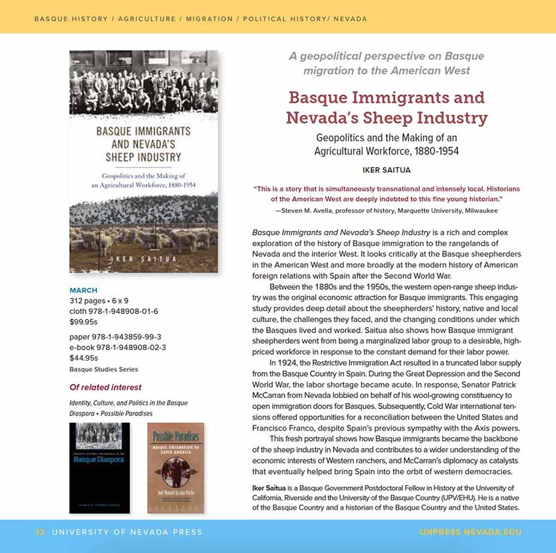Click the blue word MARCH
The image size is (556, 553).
coord(83,291)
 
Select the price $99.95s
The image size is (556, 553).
coord(84,322)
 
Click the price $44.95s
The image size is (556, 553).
coord(84,358)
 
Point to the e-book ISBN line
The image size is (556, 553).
coord(118,348)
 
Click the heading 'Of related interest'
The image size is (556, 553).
coord(105,387)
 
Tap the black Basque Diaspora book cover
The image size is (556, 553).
coord(99,467)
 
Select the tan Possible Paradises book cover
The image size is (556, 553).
coord(175,467)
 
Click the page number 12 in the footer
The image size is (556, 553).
coord(41,533)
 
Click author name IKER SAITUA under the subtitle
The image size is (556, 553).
coord(387,171)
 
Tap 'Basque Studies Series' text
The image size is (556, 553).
coord(103,370)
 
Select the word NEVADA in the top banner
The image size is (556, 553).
coord(351,19)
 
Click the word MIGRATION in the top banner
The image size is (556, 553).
coord(209,19)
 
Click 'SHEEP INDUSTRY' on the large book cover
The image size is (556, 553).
coord(143,157)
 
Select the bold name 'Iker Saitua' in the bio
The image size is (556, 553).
coord(270,488)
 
